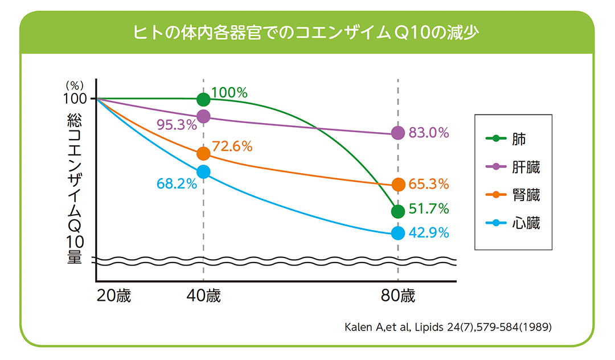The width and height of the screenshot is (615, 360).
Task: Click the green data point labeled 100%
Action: pyautogui.click(x=203, y=100)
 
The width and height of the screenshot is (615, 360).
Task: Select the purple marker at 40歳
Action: pyautogui.click(x=203, y=117)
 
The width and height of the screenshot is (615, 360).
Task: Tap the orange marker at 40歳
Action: pyautogui.click(x=203, y=154)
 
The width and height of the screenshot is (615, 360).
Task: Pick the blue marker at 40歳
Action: pyautogui.click(x=203, y=171)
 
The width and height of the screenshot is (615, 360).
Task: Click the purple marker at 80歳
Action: pyautogui.click(x=398, y=133)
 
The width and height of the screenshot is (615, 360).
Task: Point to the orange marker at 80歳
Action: pyautogui.click(x=398, y=185)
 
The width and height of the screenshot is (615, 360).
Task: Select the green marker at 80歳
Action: pyautogui.click(x=398, y=211)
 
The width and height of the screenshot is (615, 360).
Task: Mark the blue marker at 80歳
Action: pyautogui.click(x=398, y=233)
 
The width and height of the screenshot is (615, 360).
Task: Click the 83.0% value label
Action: pyautogui.click(x=429, y=133)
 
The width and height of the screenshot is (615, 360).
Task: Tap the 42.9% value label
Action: pyautogui.click(x=429, y=233)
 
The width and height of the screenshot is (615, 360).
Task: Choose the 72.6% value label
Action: pyautogui.click(x=232, y=146)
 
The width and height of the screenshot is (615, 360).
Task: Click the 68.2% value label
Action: pyautogui.click(x=177, y=184)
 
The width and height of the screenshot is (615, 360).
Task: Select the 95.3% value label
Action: pyautogui.click(x=177, y=125)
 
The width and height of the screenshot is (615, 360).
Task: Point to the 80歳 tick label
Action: pyautogui.click(x=398, y=296)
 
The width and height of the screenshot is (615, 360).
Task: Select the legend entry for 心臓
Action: pyautogui.click(x=512, y=223)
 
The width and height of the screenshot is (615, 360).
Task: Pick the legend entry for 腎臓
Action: pyautogui.click(x=512, y=195)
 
